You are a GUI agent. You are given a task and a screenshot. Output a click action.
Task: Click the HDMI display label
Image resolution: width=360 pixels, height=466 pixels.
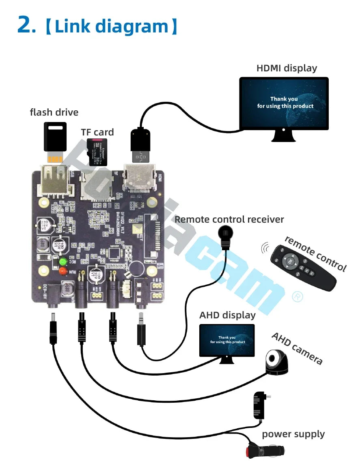pyautogui.click(x=287, y=68)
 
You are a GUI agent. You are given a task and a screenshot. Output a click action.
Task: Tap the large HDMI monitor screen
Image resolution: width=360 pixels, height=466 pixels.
pyautogui.click(x=284, y=103)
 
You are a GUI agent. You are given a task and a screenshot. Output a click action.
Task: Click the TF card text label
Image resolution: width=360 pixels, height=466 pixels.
pyautogui.click(x=97, y=132)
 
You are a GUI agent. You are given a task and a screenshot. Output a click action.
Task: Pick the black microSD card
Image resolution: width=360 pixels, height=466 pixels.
pyautogui.click(x=97, y=152)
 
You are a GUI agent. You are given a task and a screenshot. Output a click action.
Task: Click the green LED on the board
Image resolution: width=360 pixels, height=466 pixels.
pyautogui.click(x=63, y=262)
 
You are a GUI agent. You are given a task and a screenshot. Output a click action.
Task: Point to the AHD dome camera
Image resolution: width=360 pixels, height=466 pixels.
pyautogui.click(x=276, y=362)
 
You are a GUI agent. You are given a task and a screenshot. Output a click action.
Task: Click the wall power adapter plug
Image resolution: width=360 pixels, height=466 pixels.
pyautogui.click(x=259, y=406)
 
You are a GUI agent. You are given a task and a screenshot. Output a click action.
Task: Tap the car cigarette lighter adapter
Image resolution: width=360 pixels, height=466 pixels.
pyautogui.click(x=266, y=451)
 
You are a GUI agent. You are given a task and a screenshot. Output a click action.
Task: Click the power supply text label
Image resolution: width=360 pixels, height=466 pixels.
pyautogui.click(x=293, y=434)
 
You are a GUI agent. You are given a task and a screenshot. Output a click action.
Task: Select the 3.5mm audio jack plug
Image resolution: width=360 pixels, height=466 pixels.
pyautogui.click(x=141, y=331)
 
